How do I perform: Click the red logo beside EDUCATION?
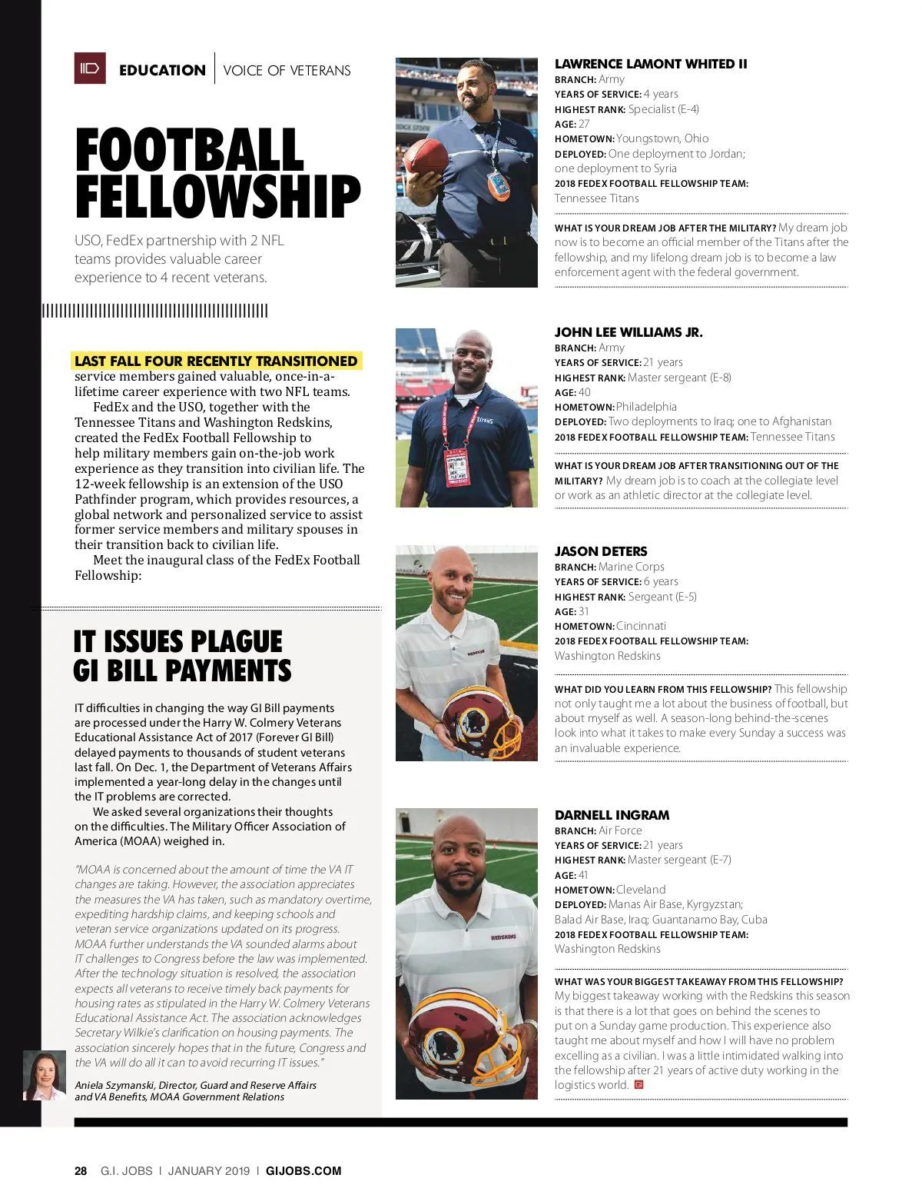89,68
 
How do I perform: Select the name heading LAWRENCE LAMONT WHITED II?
651,64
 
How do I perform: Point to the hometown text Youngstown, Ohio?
662,138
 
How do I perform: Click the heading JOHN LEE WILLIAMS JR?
628,332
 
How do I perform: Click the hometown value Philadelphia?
646,407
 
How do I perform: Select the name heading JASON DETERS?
601,551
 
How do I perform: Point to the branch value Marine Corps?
631,567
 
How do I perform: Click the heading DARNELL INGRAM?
612,815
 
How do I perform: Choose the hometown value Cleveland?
641,890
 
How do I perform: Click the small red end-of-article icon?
637,1085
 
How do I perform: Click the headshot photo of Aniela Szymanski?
44,1075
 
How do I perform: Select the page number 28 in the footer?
81,1171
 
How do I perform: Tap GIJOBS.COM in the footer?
303,1171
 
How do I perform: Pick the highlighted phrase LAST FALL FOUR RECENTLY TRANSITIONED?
216,361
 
